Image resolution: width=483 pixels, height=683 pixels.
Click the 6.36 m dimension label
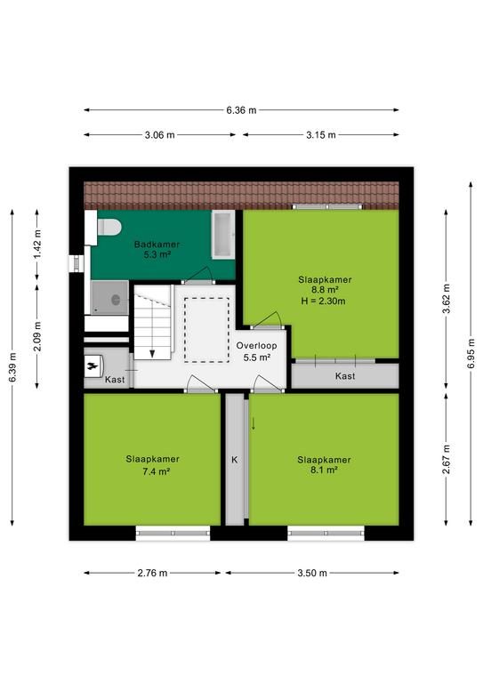[241, 110]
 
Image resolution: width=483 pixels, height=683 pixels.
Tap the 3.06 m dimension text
[160, 135]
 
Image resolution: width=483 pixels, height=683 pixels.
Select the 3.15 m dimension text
[321, 135]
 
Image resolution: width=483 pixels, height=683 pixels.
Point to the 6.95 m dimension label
[471, 353]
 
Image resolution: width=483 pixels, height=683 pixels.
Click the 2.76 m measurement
[152, 573]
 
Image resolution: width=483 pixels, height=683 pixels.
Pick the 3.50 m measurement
[312, 573]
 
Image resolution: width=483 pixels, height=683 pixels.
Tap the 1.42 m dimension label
[37, 244]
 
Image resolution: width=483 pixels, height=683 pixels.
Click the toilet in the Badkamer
[108, 227]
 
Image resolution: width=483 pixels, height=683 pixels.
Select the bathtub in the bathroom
[223, 235]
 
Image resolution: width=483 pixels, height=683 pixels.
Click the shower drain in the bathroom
[116, 300]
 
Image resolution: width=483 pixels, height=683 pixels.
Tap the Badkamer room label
[157, 245]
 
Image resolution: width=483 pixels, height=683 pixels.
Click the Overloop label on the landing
[256, 345]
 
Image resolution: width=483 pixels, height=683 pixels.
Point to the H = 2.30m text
[323, 301]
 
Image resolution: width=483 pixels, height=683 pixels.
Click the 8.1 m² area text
[324, 470]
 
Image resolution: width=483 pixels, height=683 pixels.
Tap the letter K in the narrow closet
[234, 460]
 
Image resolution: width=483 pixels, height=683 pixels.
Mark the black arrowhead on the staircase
[152, 354]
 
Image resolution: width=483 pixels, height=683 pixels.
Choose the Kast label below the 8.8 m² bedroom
[345, 376]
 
